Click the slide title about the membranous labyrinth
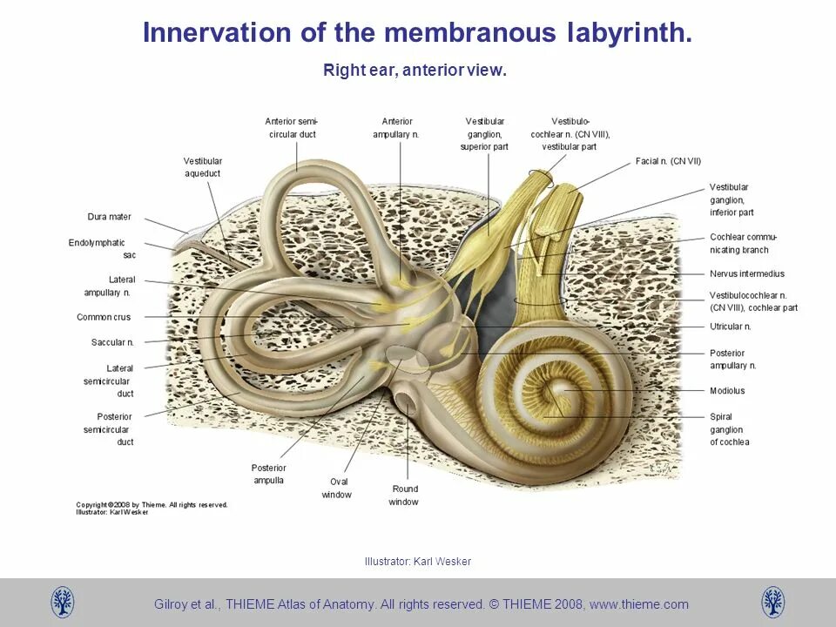pyautogui.click(x=417, y=33)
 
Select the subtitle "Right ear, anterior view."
pyautogui.click(x=415, y=71)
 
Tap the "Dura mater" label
pyautogui.click(x=109, y=217)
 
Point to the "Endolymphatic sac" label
pyautogui.click(x=97, y=248)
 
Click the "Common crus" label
pyautogui.click(x=104, y=317)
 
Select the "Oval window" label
pyautogui.click(x=336, y=488)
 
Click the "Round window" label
pyautogui.click(x=405, y=495)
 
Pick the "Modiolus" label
pyautogui.click(x=727, y=391)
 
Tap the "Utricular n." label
pyautogui.click(x=730, y=327)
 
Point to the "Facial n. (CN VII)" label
pyautogui.click(x=668, y=161)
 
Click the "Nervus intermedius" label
pyautogui.click(x=747, y=273)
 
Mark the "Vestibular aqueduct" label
pyautogui.click(x=203, y=167)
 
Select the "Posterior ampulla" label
pyautogui.click(x=268, y=474)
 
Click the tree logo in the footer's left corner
pyautogui.click(x=63, y=603)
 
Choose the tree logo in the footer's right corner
pyautogui.click(x=772, y=603)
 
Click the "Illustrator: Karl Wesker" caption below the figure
pyautogui.click(x=417, y=562)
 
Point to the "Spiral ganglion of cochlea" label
pyautogui.click(x=729, y=429)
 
